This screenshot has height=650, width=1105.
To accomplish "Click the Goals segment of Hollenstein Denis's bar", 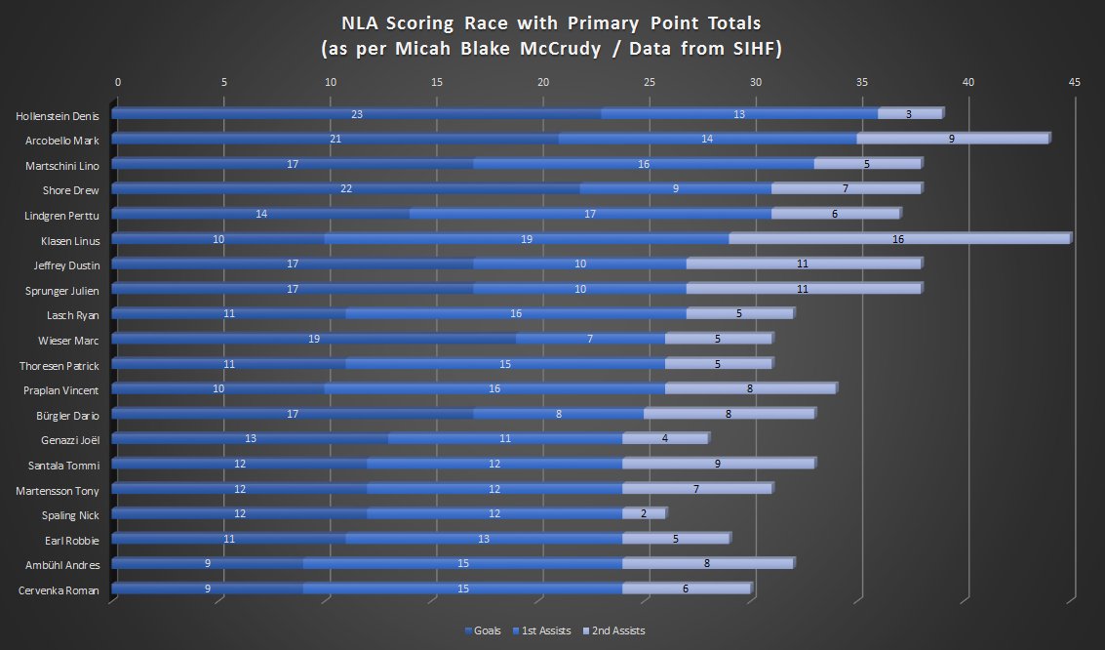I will click(357, 114).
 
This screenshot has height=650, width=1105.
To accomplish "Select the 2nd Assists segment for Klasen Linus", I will click(899, 239).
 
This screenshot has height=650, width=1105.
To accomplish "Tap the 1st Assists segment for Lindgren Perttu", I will click(590, 214).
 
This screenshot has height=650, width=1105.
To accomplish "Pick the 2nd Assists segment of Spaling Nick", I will click(644, 513).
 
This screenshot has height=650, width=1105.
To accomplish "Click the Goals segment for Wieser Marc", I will click(314, 339).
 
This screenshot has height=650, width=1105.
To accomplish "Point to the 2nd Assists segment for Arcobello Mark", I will click(952, 139).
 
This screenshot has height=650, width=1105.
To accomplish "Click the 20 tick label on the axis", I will click(543, 83).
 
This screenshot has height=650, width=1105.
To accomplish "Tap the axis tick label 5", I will click(224, 83).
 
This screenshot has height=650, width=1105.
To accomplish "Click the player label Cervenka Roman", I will click(59, 589).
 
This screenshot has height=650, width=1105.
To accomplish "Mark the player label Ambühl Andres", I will click(61, 564).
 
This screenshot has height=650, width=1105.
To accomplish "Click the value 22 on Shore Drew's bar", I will click(346, 188).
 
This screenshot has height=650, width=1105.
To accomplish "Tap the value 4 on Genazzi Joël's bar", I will click(665, 438).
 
